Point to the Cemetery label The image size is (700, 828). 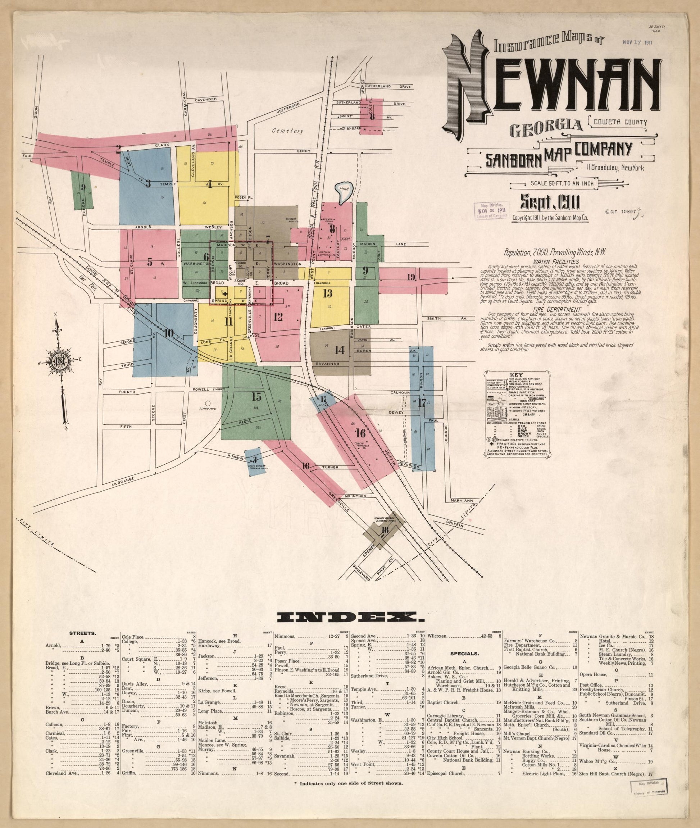coord(288,131)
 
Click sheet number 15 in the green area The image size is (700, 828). coord(256,396)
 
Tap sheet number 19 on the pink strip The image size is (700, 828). coord(411,277)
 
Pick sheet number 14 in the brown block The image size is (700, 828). coord(339,350)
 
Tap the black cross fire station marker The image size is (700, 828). coord(225,294)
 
